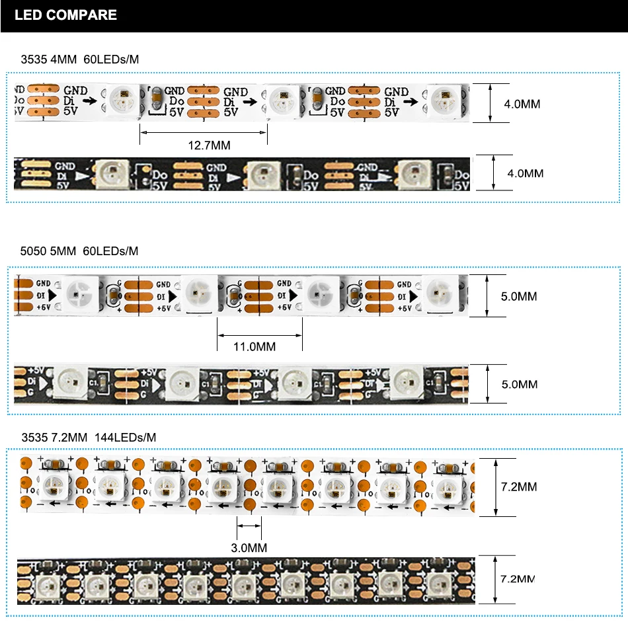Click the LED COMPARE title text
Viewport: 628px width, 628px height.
[x=65, y=15]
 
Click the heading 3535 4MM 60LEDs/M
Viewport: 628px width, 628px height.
[x=80, y=59]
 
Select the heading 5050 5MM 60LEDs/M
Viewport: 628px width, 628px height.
[x=80, y=251]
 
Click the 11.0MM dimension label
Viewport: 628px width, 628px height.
[x=255, y=346]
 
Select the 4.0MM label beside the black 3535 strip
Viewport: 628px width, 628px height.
[x=525, y=173]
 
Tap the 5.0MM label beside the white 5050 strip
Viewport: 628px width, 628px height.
[x=519, y=296]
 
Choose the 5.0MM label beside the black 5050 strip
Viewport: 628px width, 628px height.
[x=519, y=384]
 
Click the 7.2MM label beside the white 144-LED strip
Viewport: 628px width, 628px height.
[x=519, y=487]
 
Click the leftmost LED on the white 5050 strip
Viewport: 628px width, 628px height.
[x=81, y=291]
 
